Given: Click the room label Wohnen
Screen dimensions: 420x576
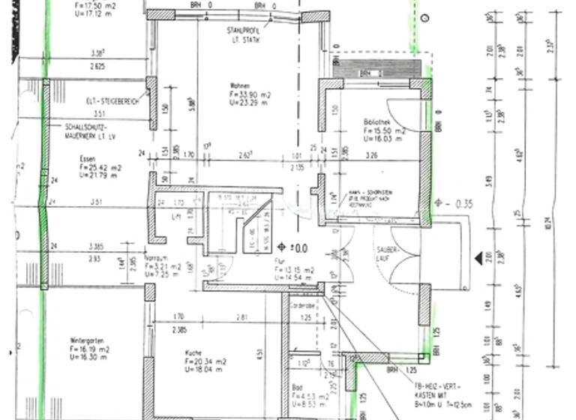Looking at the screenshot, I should click(240, 85).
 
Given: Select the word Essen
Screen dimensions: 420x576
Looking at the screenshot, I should click(88, 158).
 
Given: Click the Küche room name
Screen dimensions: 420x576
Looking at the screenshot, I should click(194, 351).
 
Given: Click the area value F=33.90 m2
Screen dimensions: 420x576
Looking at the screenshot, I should click(251, 94).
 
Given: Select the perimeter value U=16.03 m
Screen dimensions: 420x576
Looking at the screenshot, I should click(385, 139).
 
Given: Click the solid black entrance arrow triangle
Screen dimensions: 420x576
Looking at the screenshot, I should click(478, 259).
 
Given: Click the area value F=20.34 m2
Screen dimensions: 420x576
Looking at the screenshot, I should click(205, 360).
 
